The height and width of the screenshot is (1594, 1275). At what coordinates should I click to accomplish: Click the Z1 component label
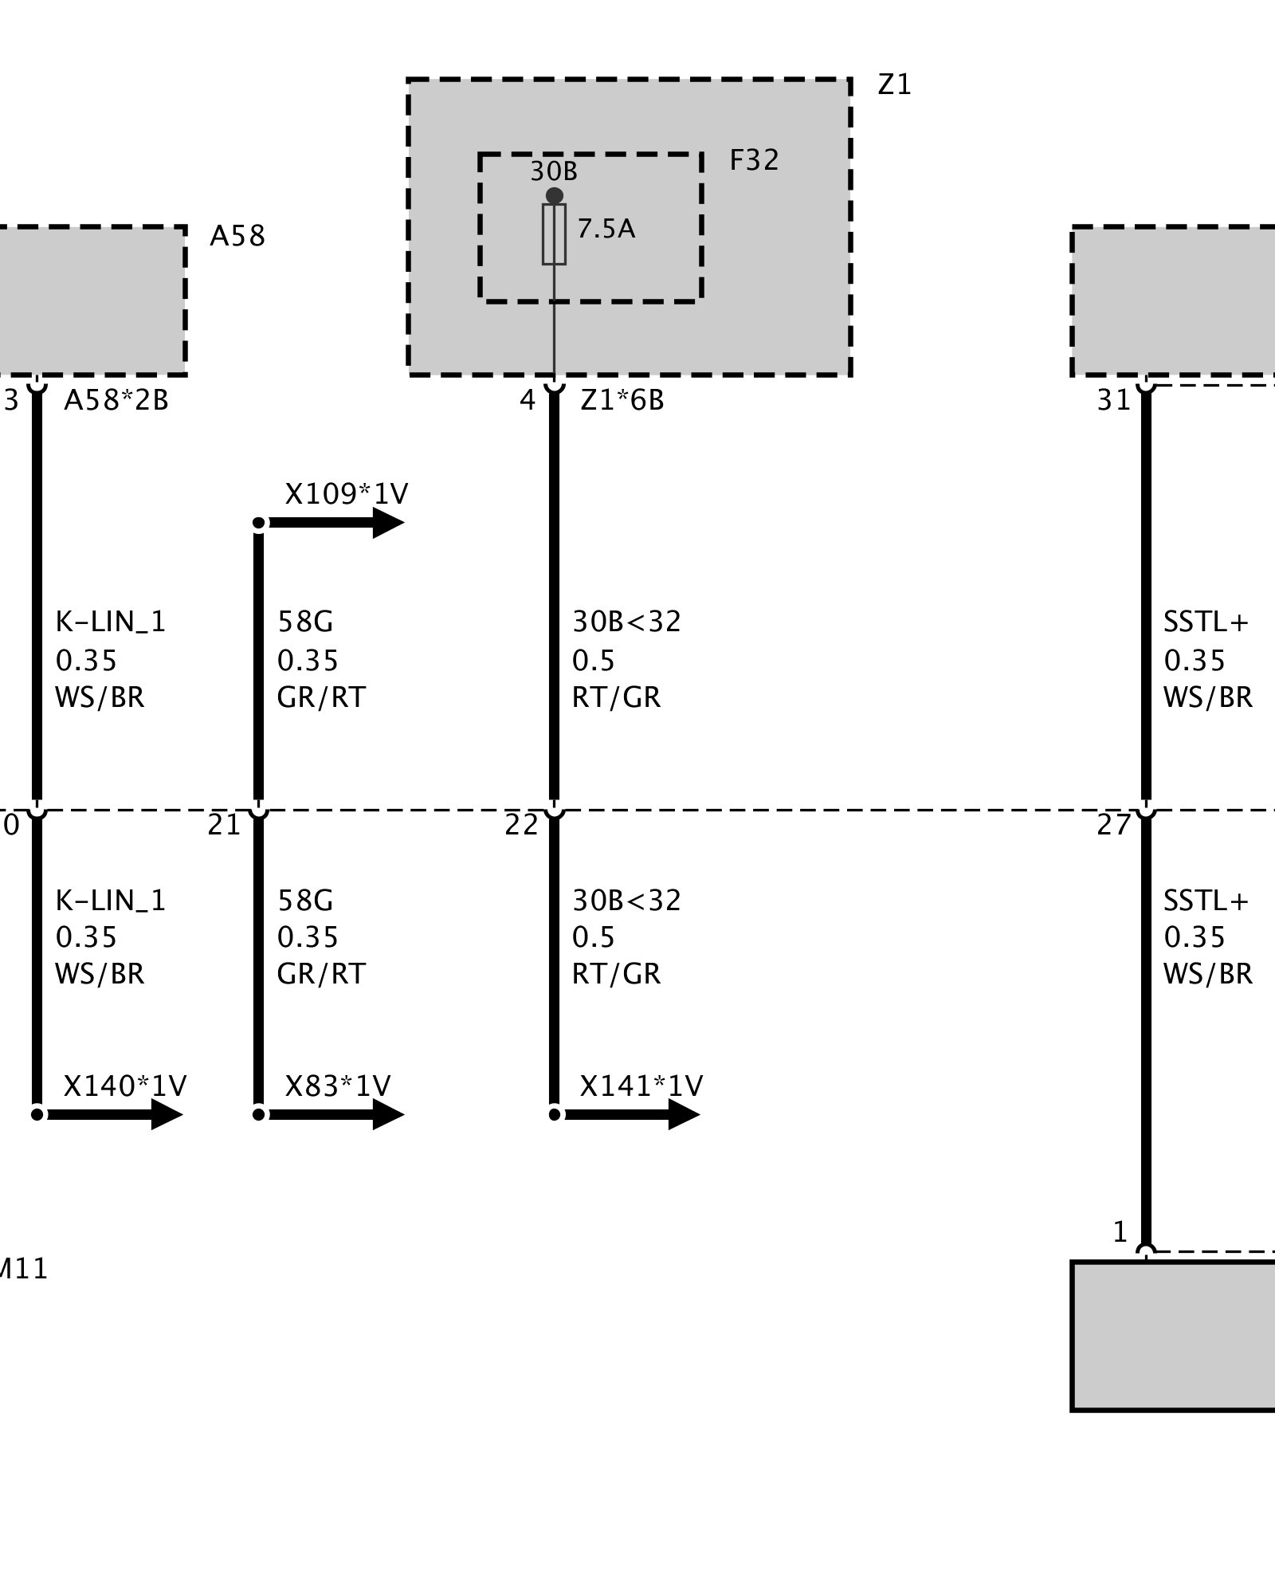(894, 84)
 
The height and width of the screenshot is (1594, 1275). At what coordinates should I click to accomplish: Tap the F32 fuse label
(754, 160)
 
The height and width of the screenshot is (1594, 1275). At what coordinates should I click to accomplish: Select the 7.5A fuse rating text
(606, 230)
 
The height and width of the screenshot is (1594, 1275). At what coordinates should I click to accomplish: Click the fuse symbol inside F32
(554, 234)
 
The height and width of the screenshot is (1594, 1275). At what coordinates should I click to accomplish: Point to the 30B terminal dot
(555, 195)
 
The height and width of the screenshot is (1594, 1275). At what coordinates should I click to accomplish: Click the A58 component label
(237, 236)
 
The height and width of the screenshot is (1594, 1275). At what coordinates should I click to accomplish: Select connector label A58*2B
(116, 400)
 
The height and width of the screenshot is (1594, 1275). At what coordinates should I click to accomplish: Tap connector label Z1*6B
(622, 400)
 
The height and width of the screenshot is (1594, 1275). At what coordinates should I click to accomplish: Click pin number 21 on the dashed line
(223, 826)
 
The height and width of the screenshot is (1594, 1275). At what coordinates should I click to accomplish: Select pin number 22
(521, 826)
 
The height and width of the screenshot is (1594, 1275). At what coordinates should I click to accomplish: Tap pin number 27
(1113, 826)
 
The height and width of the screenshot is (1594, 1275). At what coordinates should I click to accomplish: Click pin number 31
(1113, 400)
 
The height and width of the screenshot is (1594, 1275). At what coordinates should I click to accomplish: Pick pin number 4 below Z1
(528, 400)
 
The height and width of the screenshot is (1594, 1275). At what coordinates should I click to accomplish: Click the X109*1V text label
(346, 494)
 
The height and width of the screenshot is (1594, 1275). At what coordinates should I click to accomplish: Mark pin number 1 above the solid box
(1120, 1232)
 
